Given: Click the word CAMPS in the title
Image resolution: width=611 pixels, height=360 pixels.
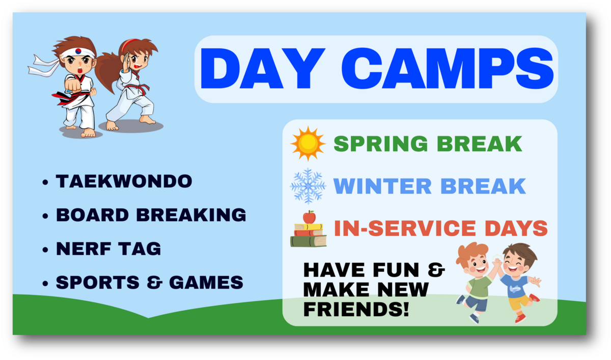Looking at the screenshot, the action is (x=448, y=68).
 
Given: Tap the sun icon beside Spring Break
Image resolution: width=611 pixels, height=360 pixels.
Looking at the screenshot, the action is (x=308, y=144).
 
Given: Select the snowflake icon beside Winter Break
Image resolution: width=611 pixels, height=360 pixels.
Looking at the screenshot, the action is (x=308, y=186).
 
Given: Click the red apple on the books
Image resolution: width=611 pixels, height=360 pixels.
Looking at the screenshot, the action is (x=310, y=217).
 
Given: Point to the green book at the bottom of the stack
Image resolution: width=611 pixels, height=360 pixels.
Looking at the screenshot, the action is (x=309, y=241).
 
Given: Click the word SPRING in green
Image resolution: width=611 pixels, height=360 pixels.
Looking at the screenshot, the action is (x=381, y=144).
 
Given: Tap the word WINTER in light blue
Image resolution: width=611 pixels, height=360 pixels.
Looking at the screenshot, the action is (x=382, y=186).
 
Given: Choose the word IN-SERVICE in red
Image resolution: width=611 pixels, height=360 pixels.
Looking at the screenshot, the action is (x=405, y=228).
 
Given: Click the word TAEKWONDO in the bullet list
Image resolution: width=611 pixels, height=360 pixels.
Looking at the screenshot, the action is (x=124, y=181).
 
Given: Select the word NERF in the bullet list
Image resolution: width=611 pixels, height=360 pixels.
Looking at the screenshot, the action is (x=84, y=248).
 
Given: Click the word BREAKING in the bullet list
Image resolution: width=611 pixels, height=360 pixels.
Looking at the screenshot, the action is (x=191, y=215).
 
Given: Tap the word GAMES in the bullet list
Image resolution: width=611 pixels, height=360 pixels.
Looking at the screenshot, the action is (x=206, y=282).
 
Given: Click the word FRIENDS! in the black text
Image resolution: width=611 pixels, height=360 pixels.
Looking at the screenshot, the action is (x=356, y=309).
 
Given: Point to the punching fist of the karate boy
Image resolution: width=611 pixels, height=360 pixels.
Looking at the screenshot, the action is (x=73, y=86).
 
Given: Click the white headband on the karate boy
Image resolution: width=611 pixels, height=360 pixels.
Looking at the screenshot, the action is (x=77, y=52).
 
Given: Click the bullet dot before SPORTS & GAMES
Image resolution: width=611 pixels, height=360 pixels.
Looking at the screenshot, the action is (x=45, y=283).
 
